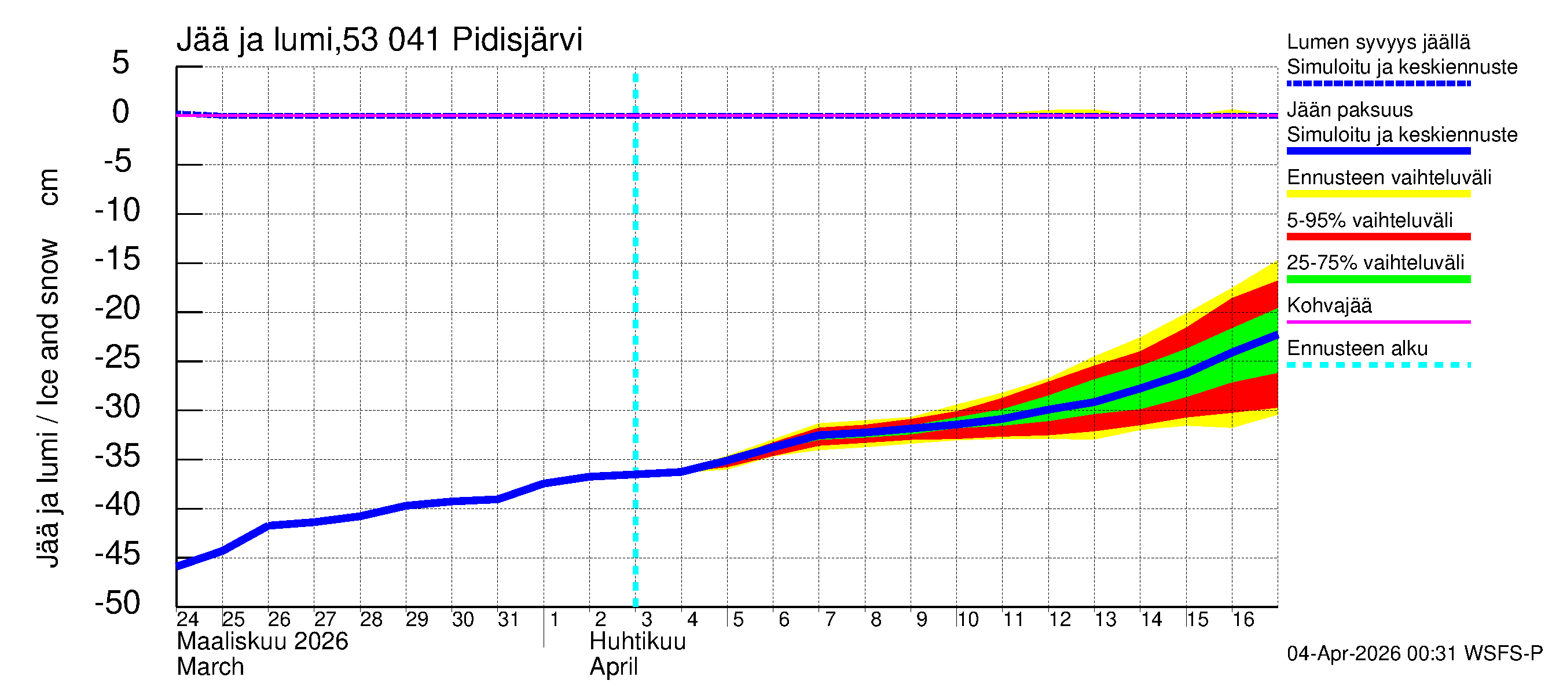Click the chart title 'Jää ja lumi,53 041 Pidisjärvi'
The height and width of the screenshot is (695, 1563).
point(379,40)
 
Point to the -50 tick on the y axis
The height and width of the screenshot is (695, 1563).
point(118,603)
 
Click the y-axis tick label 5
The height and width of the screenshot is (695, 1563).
point(121,63)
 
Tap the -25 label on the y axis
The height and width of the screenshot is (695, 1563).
point(118,357)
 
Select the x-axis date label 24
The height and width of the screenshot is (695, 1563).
point(188,619)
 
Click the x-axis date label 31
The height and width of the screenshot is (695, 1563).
point(508,619)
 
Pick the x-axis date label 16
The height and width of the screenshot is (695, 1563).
point(1243,619)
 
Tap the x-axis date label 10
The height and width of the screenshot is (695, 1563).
point(967,619)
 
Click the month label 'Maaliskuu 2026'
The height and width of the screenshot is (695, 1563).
point(262,642)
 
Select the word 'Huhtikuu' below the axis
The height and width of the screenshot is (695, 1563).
point(637,642)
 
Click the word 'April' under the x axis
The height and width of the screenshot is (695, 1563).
point(614,667)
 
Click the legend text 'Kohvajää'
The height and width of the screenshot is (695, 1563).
point(1329,305)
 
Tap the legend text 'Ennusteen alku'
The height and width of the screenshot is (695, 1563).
point(1357,349)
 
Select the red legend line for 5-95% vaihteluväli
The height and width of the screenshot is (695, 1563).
point(1378,237)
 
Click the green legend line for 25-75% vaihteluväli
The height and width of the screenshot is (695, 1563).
point(1378,279)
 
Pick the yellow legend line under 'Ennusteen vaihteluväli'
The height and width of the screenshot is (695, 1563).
point(1378,194)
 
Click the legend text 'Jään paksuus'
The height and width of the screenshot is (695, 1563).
point(1349,110)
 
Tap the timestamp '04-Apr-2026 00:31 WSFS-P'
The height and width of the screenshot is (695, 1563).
point(1414,654)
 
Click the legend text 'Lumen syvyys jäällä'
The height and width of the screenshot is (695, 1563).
point(1378,42)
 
